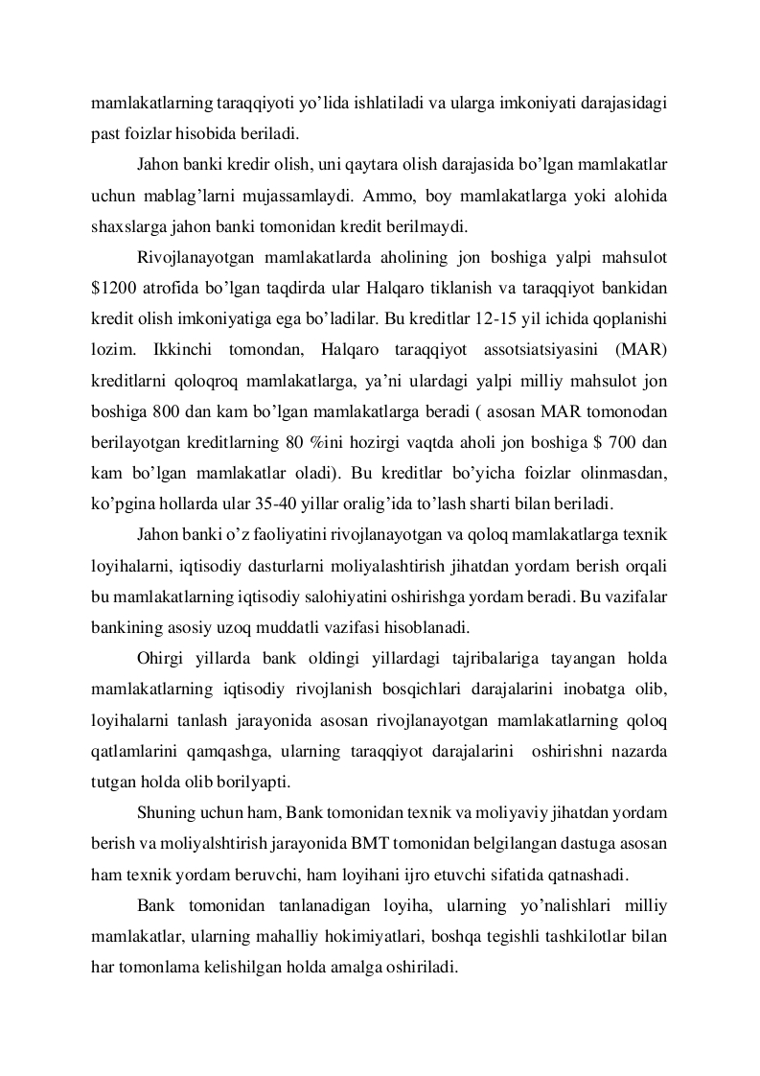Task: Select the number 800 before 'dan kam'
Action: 169,411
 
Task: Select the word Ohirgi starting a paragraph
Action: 161,659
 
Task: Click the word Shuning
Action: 165,814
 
